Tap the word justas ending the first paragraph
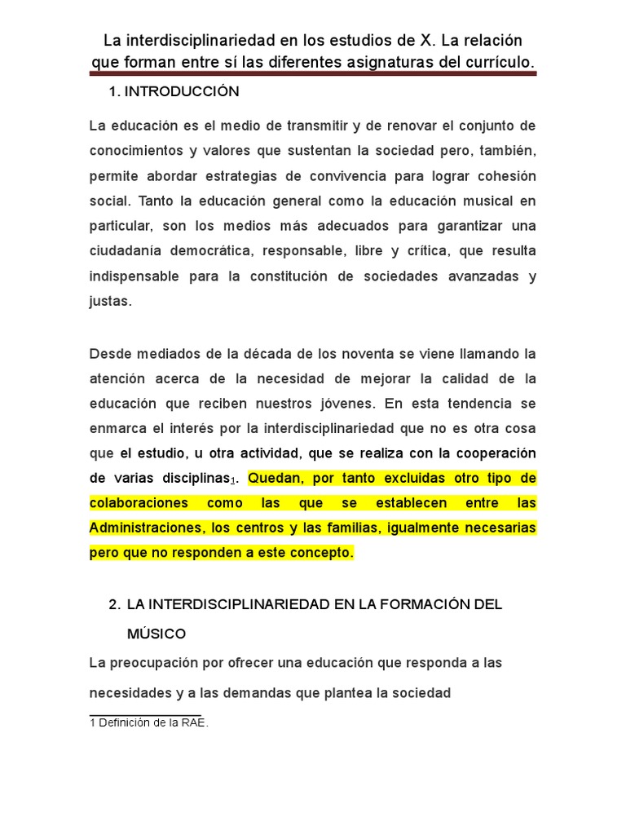coord(108,301)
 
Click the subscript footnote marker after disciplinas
coord(233,480)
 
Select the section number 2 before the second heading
coord(113,604)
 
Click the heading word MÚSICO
coord(156,633)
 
